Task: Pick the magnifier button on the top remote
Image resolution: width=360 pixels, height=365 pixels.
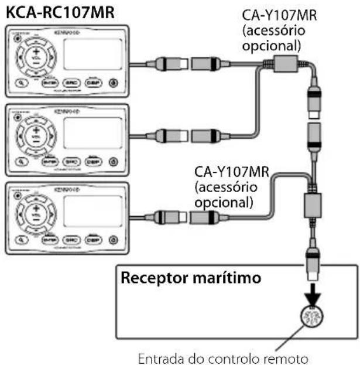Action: pyautogui.click(x=22, y=83)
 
